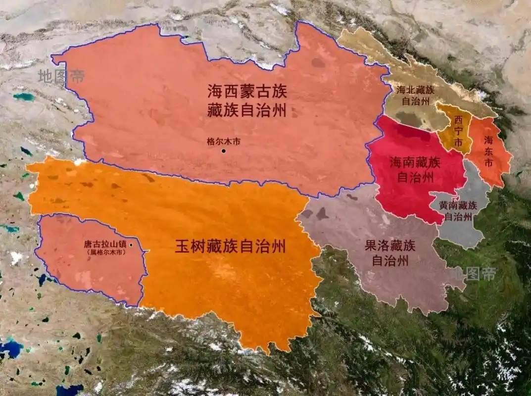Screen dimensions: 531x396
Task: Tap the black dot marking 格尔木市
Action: pyautogui.click(x=224, y=150)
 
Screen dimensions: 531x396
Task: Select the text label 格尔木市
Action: pyautogui.click(x=224, y=141)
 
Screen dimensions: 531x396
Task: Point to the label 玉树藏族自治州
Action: pyautogui.click(x=230, y=247)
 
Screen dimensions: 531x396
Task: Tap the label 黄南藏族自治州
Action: pyautogui.click(x=458, y=210)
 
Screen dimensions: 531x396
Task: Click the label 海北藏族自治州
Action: pyautogui.click(x=415, y=96)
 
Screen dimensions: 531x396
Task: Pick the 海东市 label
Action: pyautogui.click(x=488, y=151)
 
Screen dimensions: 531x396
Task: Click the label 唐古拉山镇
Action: pyautogui.click(x=106, y=245)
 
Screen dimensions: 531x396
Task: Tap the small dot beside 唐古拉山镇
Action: pyautogui.click(x=131, y=245)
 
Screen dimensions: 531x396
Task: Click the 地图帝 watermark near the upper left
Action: pyautogui.click(x=61, y=76)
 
